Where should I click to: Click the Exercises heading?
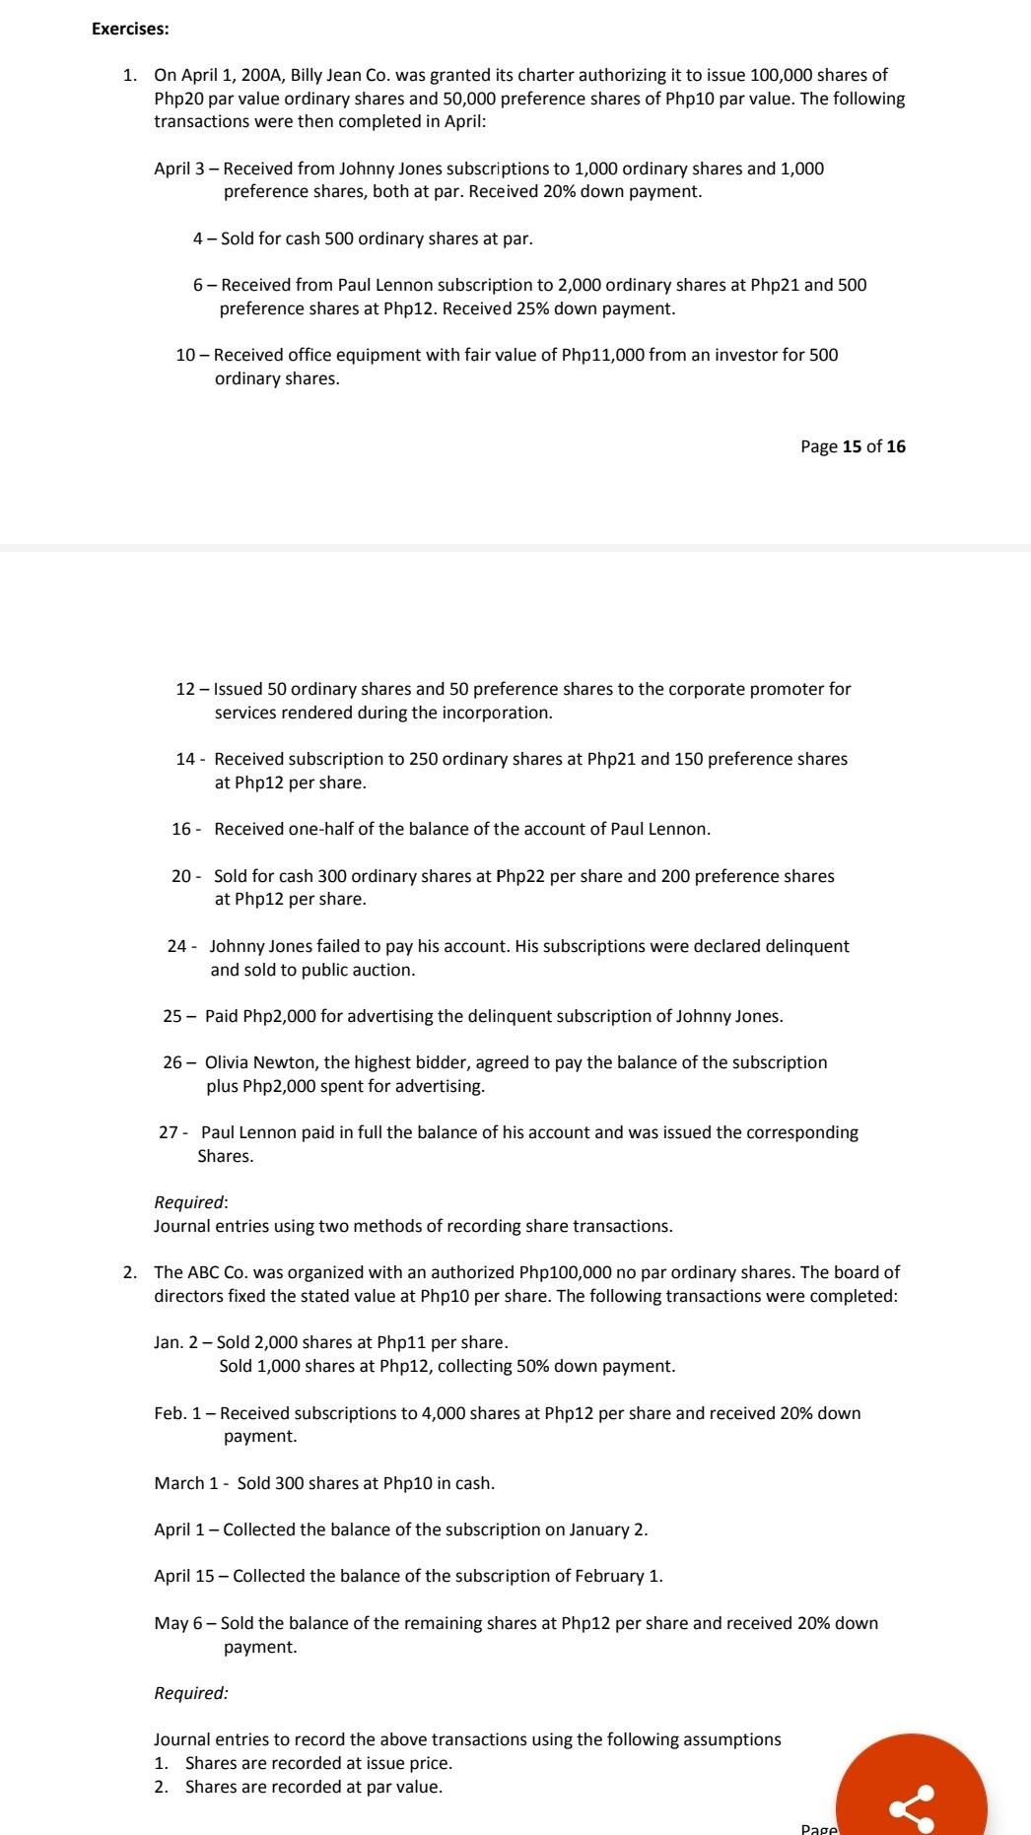click(130, 29)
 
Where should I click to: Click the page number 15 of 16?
click(853, 446)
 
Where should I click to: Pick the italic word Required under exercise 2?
click(191, 1693)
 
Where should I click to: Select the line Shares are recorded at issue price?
click(318, 1763)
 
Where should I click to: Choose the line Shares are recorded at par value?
click(313, 1787)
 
